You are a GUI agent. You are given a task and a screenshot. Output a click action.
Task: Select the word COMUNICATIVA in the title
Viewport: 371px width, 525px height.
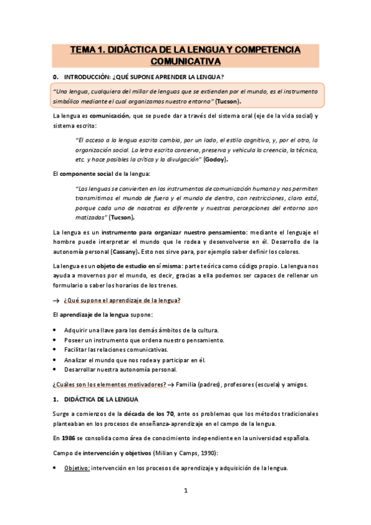[x=186, y=62]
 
